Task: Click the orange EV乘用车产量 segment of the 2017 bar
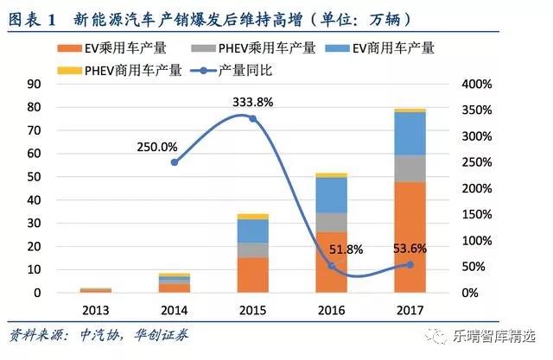coord(409,237)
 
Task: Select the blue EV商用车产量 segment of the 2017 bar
coord(409,134)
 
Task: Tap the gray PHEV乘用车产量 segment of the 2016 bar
coord(332,222)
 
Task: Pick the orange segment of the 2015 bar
coord(252,275)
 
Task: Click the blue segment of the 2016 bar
coord(332,194)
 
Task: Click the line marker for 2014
coord(175,162)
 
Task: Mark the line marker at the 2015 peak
coord(252,118)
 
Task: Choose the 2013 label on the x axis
coord(96,309)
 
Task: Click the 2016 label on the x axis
coord(332,309)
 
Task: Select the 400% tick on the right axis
coord(475,84)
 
